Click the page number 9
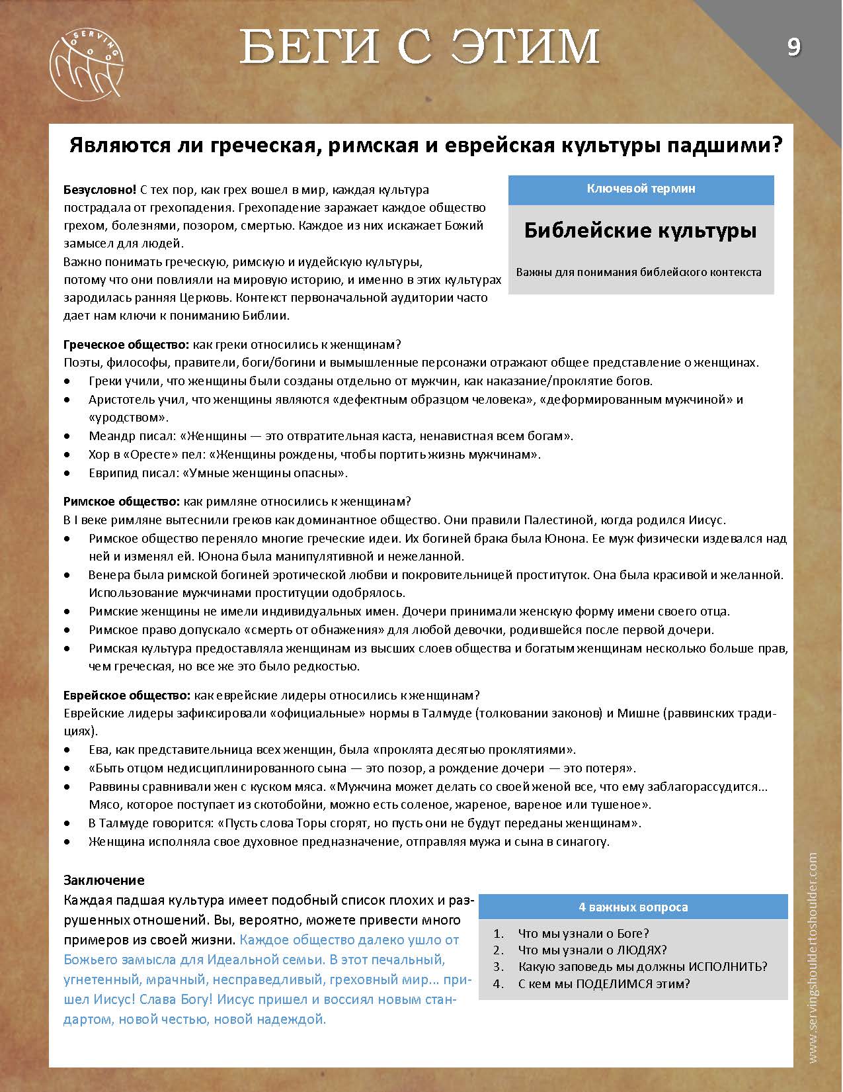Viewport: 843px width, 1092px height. point(793,47)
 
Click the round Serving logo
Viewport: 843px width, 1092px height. point(87,64)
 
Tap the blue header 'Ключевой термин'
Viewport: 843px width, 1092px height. point(641,189)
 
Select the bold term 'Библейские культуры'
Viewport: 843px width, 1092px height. point(641,230)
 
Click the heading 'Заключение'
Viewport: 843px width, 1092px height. point(104,880)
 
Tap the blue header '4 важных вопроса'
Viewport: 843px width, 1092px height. point(633,907)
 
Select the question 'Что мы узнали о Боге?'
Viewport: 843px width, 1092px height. point(583,934)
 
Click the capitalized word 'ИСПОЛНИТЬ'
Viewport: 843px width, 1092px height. point(726,966)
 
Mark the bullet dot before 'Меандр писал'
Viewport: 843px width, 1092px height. point(68,437)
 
